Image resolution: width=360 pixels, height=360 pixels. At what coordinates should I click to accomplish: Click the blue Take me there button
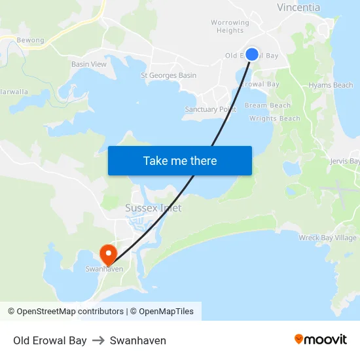pyautogui.click(x=180, y=160)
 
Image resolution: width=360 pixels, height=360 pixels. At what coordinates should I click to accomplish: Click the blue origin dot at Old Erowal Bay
pyautogui.click(x=252, y=54)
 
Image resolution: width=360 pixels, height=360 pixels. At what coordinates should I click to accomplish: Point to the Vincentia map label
pyautogui.click(x=298, y=8)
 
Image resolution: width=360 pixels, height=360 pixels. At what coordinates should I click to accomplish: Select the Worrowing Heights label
pyautogui.click(x=230, y=26)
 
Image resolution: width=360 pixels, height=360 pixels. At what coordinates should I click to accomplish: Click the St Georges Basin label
pyautogui.click(x=169, y=75)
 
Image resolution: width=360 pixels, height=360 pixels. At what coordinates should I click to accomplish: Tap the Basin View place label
pyautogui.click(x=89, y=64)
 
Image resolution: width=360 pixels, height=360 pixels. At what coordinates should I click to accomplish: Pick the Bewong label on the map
pyautogui.click(x=30, y=41)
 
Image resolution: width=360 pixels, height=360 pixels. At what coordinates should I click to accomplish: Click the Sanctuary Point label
pyautogui.click(x=210, y=109)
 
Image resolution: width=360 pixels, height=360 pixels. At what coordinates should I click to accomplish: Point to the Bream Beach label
pyautogui.click(x=268, y=105)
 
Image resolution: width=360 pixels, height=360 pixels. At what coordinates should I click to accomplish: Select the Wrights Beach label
pyautogui.click(x=275, y=118)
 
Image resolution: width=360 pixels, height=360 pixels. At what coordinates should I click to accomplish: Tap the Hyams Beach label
pyautogui.click(x=331, y=85)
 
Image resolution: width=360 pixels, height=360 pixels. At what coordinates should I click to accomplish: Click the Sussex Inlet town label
pyautogui.click(x=153, y=208)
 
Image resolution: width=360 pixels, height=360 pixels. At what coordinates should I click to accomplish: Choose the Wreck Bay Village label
pyautogui.click(x=327, y=238)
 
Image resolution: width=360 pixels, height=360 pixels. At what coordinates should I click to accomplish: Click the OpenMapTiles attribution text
pyautogui.click(x=166, y=312)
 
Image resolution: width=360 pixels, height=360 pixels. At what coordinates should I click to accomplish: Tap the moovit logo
pyautogui.click(x=321, y=340)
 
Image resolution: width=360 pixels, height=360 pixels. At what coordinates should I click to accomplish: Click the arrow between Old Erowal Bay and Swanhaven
pyautogui.click(x=98, y=340)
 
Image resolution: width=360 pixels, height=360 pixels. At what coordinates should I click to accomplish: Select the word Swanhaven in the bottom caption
pyautogui.click(x=138, y=340)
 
